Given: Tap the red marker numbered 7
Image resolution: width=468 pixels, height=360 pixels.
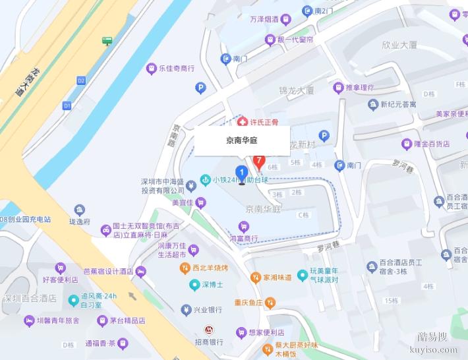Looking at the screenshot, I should [x=260, y=161].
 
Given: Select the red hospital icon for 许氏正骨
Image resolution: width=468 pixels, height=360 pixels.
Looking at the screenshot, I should [x=243, y=122].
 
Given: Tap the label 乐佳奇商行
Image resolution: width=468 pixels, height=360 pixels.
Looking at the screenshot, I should [x=177, y=68].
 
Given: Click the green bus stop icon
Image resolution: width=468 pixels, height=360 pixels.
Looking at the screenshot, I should [x=107, y=41].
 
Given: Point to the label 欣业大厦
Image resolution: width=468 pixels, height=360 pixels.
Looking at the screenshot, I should [x=399, y=45].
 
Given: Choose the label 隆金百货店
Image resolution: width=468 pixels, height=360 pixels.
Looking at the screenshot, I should [x=431, y=143].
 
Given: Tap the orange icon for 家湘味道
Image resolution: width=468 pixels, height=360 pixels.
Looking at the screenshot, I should [x=256, y=278].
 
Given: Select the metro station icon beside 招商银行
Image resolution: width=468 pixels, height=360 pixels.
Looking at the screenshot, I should [x=208, y=330].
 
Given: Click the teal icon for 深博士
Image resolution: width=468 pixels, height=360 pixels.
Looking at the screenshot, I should [x=194, y=285].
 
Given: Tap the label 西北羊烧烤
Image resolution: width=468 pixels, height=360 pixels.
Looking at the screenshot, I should [x=210, y=268].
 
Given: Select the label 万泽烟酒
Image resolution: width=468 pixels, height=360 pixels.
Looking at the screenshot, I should [x=262, y=20].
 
